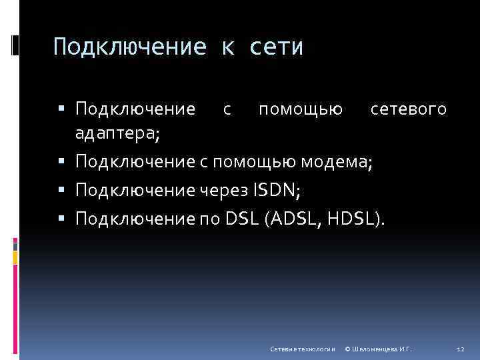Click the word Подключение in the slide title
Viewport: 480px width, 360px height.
pos(131,47)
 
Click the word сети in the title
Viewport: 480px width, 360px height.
pos(277,47)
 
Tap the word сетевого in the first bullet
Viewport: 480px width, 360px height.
pos(408,109)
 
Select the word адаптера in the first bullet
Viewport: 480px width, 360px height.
pos(116,134)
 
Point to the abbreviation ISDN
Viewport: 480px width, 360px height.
pos(276,191)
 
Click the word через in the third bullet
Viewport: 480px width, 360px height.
pos(223,191)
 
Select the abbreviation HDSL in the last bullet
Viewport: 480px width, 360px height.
pos(353,218)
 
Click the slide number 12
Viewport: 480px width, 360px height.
pos(459,349)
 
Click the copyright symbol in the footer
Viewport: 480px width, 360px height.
pos(348,349)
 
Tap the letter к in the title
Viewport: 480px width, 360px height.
pos(228,47)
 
